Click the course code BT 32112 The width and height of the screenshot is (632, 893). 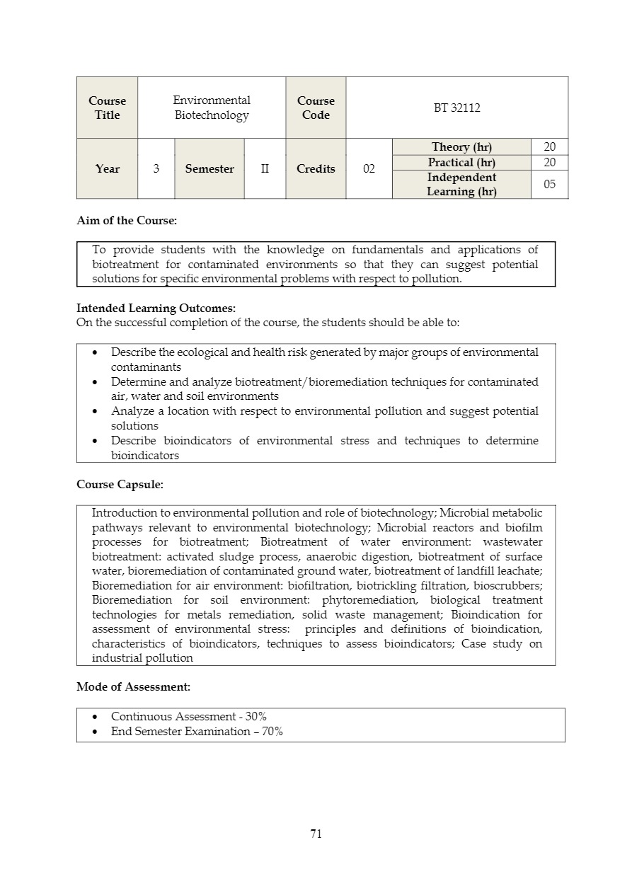456,108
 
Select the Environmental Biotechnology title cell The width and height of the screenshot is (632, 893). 212,108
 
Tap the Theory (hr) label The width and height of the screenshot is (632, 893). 461,146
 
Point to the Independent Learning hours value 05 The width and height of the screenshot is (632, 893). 549,184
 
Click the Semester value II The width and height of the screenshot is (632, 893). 265,168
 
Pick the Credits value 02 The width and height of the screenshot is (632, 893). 369,168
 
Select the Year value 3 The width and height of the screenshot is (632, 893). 156,168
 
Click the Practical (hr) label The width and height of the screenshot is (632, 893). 461,162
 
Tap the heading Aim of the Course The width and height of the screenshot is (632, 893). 127,220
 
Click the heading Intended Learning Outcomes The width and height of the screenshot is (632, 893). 156,308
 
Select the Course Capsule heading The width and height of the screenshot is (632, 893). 120,485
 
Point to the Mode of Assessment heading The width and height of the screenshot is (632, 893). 133,686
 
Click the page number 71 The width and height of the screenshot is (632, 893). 316,834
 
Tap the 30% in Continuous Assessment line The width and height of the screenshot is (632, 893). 255,716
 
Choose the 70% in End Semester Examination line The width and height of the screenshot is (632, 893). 272,731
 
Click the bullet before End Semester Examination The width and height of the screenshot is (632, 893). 96,732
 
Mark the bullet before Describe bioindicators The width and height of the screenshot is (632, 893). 96,441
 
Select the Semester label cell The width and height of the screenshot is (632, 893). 209,168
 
